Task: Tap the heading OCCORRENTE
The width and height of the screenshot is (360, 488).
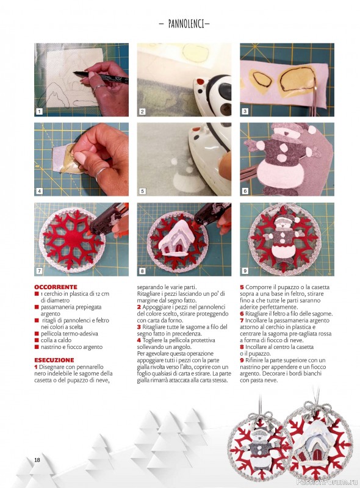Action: coord(56,287)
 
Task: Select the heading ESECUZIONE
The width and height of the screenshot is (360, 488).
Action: coord(54,360)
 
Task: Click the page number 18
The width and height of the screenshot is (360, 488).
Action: coord(37,460)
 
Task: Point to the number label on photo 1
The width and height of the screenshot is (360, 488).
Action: coord(39,111)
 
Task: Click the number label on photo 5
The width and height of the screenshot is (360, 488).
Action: coord(142,191)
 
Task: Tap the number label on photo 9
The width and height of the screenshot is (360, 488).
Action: coord(245,271)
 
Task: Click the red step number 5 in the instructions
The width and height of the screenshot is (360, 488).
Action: coord(242,287)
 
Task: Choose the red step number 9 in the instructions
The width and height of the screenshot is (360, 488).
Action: coord(242,361)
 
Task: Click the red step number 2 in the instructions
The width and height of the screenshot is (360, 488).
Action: coord(139,307)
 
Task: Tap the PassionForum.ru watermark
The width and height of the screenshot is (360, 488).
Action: coord(327,482)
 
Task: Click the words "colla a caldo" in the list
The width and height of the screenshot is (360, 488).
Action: coord(56,340)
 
